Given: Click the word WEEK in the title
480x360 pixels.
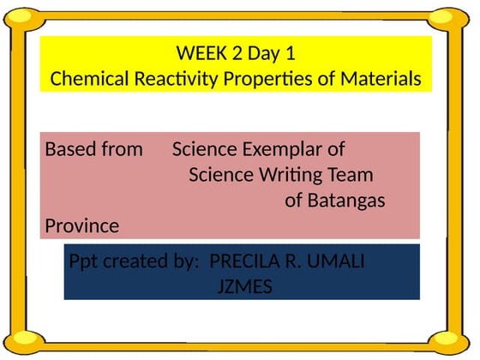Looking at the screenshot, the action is pos(201,52).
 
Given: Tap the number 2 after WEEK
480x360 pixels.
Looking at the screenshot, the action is pos(237,52).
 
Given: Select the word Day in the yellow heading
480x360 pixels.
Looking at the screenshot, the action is pos(264,53).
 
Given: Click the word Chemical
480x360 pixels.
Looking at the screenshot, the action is pos(89,78).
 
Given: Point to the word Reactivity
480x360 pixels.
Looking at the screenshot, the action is pos(176,79).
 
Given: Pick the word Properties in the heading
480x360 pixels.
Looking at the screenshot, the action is pos(267,79).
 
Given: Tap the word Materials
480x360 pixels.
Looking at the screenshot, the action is pos(381,78).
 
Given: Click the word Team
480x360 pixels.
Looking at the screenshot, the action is pos(351,175).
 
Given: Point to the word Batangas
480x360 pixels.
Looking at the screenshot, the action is pos(346,201).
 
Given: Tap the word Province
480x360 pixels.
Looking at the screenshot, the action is pos(82,226).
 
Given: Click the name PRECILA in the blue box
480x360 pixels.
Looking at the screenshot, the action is pos(244,261).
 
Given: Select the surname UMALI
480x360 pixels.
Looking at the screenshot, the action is pos(335,261).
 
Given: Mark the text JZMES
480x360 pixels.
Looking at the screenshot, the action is pos(245,286).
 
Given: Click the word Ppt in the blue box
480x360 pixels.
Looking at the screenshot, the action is pos(83,262).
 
